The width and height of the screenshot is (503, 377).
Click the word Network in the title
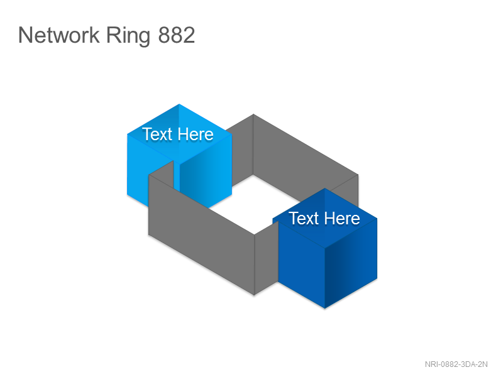[x=58, y=35]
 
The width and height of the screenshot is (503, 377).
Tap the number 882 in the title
[x=177, y=35]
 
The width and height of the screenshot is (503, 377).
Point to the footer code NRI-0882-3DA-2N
[x=456, y=364]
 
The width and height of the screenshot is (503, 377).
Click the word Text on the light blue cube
[x=157, y=134]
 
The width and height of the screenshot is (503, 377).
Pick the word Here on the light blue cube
[x=196, y=134]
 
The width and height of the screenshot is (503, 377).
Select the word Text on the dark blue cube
[x=304, y=218]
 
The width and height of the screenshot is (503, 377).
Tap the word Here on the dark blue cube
[x=342, y=218]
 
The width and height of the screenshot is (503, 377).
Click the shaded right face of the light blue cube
[x=206, y=180]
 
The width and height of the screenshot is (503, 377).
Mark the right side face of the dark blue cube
[x=351, y=263]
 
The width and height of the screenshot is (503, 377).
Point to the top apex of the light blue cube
[x=179, y=104]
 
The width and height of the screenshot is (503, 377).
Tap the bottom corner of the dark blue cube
[x=324, y=309]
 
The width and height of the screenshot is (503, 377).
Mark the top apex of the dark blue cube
[x=324, y=188]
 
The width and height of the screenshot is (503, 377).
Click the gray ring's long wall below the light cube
[x=201, y=234]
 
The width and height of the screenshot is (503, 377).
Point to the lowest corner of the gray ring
[x=254, y=295]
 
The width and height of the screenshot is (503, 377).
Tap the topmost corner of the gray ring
[x=253, y=114]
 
